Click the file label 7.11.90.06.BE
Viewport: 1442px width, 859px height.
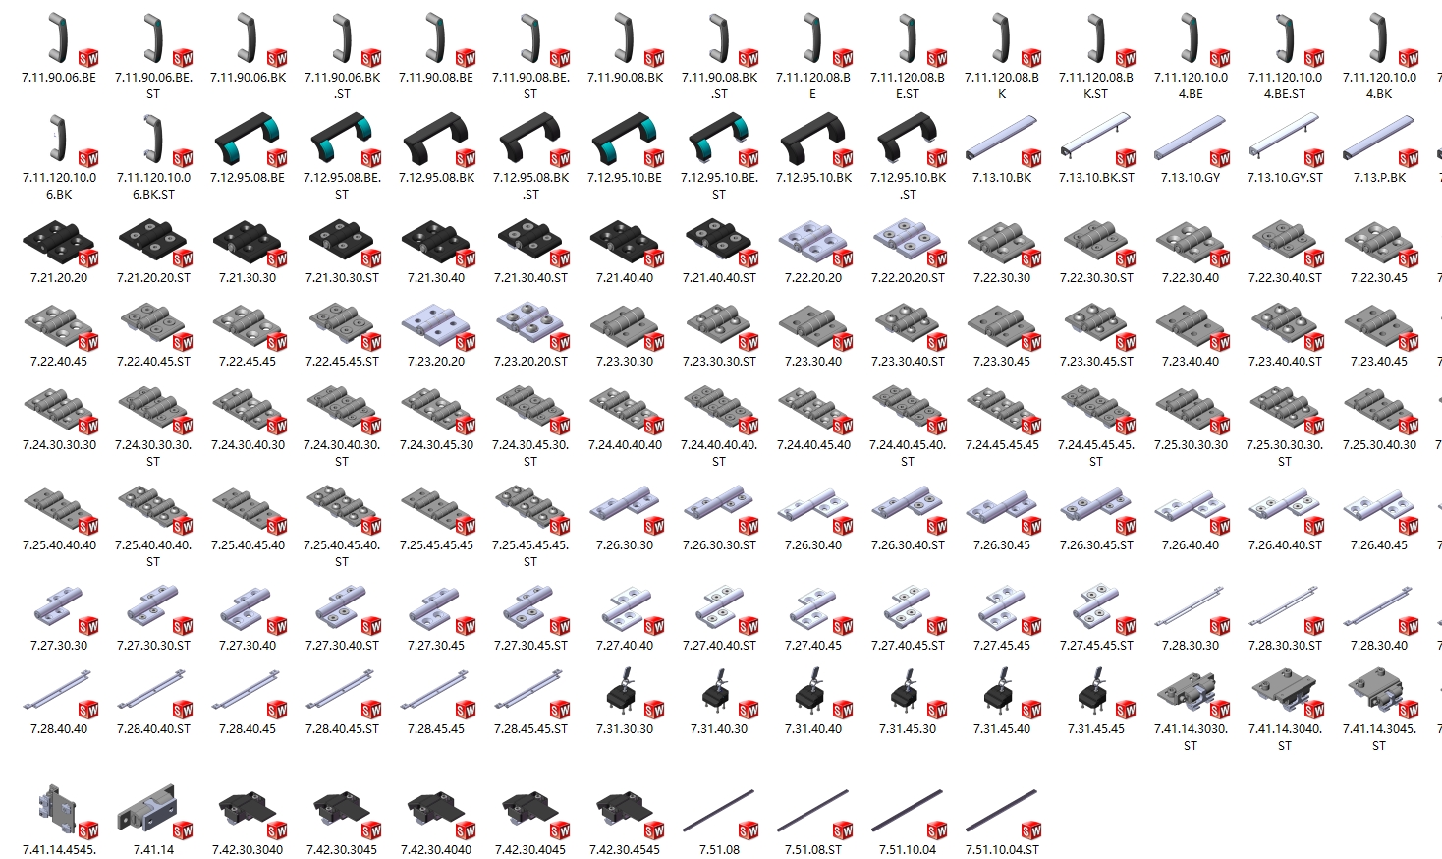pyautogui.click(x=59, y=78)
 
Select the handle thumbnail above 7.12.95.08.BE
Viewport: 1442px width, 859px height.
pyautogui.click(x=248, y=138)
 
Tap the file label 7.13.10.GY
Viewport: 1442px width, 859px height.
pyautogui.click(x=1191, y=178)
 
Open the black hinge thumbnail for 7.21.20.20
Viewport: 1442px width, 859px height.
pyautogui.click(x=56, y=242)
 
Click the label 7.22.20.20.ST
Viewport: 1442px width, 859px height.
pyautogui.click(x=908, y=278)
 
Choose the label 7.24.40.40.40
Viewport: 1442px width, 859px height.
pyautogui.click(x=625, y=445)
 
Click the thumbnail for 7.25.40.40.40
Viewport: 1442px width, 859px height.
pyautogui.click(x=56, y=510)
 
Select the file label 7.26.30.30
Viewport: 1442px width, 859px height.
pyautogui.click(x=625, y=545)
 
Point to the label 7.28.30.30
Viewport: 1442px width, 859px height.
pyautogui.click(x=1191, y=645)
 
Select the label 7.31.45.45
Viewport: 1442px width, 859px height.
pyautogui.click(x=1095, y=729)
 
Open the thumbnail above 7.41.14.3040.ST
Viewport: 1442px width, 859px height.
pyautogui.click(x=1281, y=692)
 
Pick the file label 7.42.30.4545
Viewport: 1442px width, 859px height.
pyautogui.click(x=625, y=850)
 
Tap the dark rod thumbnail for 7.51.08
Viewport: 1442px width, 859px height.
pyautogui.click(x=718, y=810)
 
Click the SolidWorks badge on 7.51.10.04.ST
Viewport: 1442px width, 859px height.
pyautogui.click(x=1031, y=830)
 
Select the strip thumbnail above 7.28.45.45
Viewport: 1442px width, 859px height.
pyautogui.click(x=433, y=689)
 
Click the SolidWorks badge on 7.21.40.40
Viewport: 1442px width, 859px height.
pyautogui.click(x=654, y=258)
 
